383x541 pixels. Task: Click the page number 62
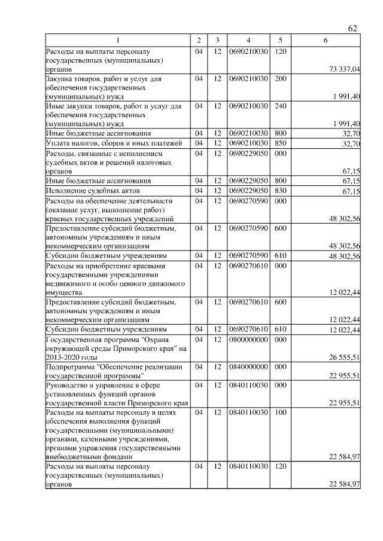click(x=352, y=29)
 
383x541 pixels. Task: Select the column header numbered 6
click(x=325, y=40)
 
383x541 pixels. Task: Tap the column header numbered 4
click(x=248, y=40)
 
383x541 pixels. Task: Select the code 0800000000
click(x=248, y=338)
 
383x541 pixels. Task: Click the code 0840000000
click(x=248, y=366)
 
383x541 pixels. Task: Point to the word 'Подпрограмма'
click(x=68, y=366)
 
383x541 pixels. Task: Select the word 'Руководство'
click(x=66, y=384)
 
